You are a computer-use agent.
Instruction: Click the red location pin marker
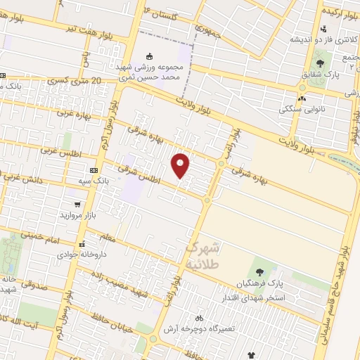pyautogui.click(x=181, y=165)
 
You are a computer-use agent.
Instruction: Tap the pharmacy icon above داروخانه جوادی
pyautogui.click(x=82, y=245)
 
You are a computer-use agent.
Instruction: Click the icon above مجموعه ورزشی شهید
pyautogui.click(x=148, y=57)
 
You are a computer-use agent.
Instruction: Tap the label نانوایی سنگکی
pyautogui.click(x=304, y=109)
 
